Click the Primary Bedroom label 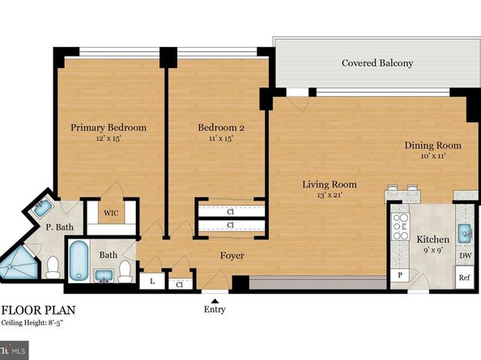[109, 128]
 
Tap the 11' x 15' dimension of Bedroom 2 [221, 138]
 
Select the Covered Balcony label [377, 63]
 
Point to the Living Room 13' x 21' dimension [330, 195]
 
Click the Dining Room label [433, 146]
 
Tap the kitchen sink [466, 234]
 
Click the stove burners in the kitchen [401, 227]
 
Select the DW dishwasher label [466, 255]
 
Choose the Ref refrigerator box [465, 277]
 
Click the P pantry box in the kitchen [400, 275]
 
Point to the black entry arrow [215, 301]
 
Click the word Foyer [232, 256]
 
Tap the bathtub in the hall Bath [79, 260]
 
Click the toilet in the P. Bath [53, 266]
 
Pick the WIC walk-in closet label [111, 213]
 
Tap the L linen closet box [152, 282]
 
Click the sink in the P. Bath [42, 208]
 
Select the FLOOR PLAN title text [39, 311]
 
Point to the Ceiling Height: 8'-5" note [32, 323]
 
